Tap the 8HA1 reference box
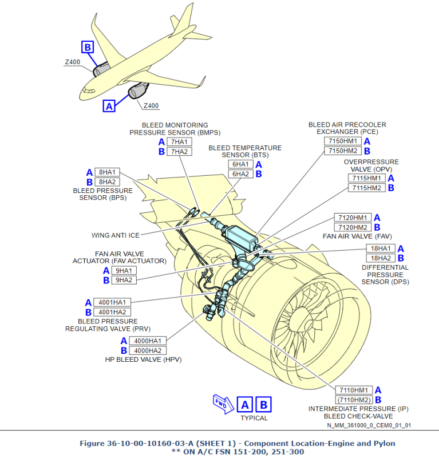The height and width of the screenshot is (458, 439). [x=107, y=172]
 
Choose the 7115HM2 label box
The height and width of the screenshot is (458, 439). [x=367, y=188]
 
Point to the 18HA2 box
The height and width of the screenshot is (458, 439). [x=381, y=258]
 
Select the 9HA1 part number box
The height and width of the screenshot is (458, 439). [x=123, y=271]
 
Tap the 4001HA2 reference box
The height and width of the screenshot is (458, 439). [x=112, y=312]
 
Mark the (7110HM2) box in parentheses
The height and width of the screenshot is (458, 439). [x=354, y=400]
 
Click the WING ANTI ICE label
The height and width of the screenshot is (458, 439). [x=115, y=235]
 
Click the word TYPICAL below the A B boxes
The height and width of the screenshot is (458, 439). [x=254, y=418]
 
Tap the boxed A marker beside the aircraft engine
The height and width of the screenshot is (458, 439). [x=109, y=105]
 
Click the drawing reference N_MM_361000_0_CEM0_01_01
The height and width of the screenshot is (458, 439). [x=369, y=425]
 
